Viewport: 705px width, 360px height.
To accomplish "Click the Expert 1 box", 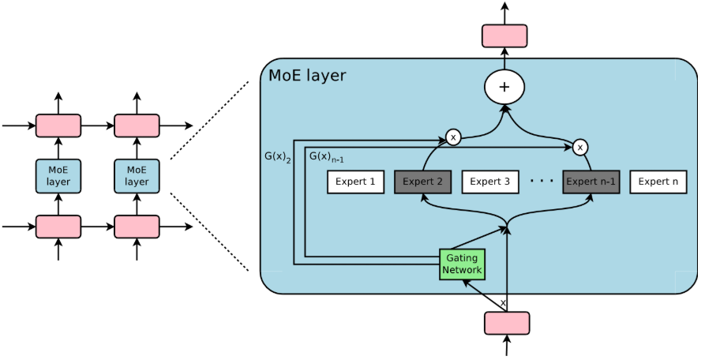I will [x=355, y=182].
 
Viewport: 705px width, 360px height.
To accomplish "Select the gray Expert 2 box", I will [x=423, y=182].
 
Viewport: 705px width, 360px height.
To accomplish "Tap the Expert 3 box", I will [x=489, y=182].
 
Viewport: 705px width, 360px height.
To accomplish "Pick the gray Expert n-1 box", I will [x=591, y=182].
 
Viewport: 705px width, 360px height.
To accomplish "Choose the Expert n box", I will [x=658, y=182].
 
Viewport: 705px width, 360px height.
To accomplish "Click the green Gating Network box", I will [x=462, y=264].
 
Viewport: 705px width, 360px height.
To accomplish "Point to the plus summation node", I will [x=504, y=87].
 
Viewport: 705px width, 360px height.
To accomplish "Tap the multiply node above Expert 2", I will [x=453, y=137].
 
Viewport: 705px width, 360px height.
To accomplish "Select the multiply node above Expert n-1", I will [x=580, y=146].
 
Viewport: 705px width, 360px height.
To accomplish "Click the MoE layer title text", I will [x=307, y=77].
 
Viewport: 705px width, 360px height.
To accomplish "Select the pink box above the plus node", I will [x=504, y=36].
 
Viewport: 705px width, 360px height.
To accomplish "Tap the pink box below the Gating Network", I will [x=506, y=323].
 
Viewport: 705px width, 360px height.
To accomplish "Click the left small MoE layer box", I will [x=58, y=176].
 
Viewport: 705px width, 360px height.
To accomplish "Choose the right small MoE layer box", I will [x=137, y=176].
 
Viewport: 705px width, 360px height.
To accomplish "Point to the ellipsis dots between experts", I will [x=542, y=182].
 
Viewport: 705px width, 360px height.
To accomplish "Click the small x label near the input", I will [x=503, y=302].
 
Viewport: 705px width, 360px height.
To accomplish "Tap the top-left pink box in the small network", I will [x=58, y=126].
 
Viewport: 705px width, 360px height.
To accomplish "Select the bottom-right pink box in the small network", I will [x=137, y=227].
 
